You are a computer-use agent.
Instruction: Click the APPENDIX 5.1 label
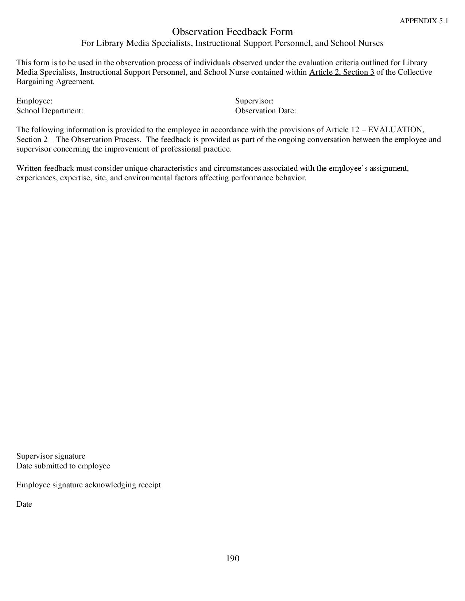pyautogui.click(x=424, y=21)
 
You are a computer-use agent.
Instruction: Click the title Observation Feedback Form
pyautogui.click(x=232, y=31)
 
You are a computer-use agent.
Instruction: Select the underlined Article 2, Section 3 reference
pyautogui.click(x=342, y=72)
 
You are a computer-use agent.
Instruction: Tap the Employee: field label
pyautogui.click(x=34, y=101)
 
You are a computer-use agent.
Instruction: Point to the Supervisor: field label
pyautogui.click(x=254, y=101)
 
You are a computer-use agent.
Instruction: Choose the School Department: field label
pyautogui.click(x=50, y=111)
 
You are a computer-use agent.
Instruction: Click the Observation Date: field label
pyautogui.click(x=266, y=111)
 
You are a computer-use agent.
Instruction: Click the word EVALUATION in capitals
pyautogui.click(x=396, y=130)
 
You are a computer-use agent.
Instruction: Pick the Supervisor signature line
pyautogui.click(x=51, y=456)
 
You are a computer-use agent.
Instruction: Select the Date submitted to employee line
pyautogui.click(x=63, y=466)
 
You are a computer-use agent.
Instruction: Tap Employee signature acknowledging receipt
pyautogui.click(x=89, y=485)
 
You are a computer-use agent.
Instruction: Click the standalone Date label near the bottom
pyautogui.click(x=24, y=504)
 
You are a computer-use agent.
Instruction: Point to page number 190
pyautogui.click(x=233, y=558)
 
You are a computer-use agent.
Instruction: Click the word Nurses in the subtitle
pyautogui.click(x=371, y=43)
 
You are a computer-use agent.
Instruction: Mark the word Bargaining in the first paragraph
pyautogui.click(x=35, y=82)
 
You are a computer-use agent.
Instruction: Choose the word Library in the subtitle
pyautogui.click(x=110, y=43)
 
